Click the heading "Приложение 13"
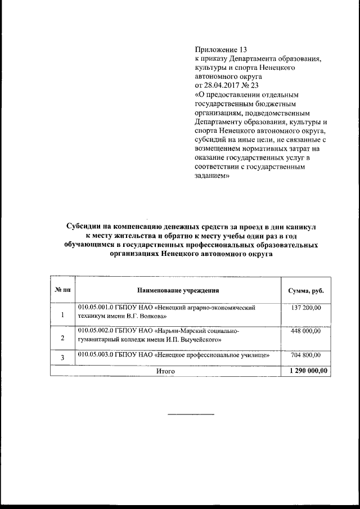tap(220, 49)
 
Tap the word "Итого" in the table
tap(165, 371)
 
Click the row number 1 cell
tap(62, 314)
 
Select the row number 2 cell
tap(62, 337)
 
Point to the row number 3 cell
tap(62, 358)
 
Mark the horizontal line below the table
tap(191, 415)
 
